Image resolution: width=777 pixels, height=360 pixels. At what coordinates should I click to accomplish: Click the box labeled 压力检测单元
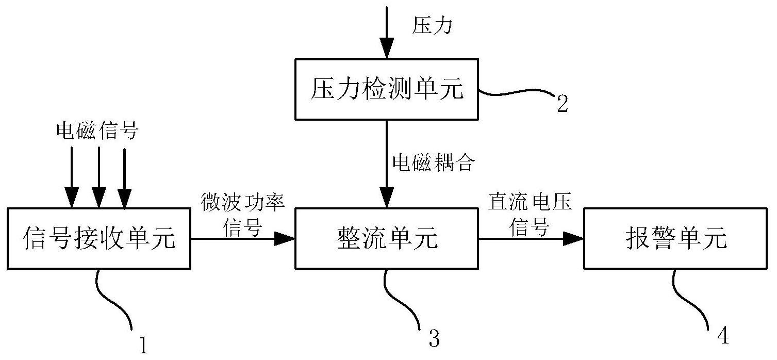point(387,89)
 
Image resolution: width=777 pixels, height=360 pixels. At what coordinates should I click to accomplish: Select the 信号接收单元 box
point(99,238)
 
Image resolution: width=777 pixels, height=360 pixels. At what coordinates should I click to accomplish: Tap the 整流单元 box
point(387,238)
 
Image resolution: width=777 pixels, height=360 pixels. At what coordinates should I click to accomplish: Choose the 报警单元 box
point(676,238)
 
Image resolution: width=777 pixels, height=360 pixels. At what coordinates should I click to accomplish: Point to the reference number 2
point(562,103)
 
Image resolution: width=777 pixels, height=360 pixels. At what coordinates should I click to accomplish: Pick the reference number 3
point(434,338)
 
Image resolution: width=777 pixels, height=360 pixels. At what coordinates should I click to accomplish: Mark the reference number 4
point(723,336)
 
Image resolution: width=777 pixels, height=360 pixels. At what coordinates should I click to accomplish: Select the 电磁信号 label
point(97,131)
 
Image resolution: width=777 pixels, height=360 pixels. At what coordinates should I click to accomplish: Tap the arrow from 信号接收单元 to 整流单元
point(242,238)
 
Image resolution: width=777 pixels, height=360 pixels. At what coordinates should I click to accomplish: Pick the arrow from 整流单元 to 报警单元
point(531,238)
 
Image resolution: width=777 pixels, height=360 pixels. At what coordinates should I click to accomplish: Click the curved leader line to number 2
point(516,94)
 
